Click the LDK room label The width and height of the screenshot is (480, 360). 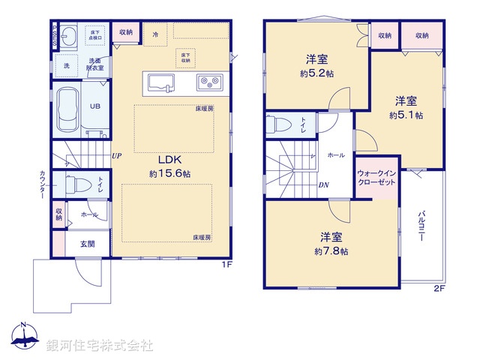(169, 159)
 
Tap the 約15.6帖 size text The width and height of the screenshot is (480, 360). (169, 173)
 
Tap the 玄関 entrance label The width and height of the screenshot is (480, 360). (86, 244)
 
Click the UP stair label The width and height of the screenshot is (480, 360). (117, 156)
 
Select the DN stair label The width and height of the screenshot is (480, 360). (323, 185)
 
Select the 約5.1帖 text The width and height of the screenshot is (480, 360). (406, 115)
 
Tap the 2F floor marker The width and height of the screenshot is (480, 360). (439, 288)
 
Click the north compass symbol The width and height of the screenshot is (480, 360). (24, 338)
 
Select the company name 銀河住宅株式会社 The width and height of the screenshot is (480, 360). (100, 345)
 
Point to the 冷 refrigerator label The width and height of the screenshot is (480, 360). (155, 34)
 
